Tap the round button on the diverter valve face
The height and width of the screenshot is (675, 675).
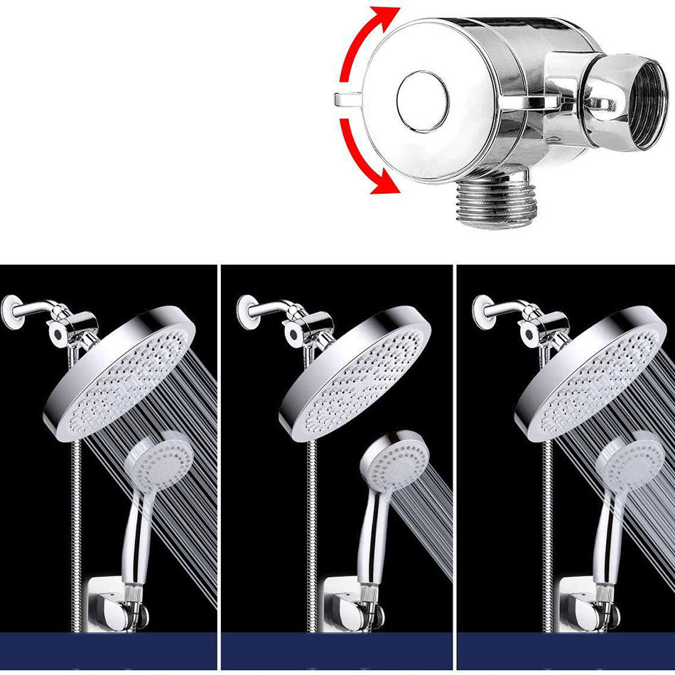(422, 101)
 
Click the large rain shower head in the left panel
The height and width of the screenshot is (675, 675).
(121, 373)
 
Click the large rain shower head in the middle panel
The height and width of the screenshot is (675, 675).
(355, 373)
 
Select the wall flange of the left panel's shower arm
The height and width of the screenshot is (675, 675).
(12, 313)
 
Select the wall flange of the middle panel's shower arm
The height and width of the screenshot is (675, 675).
(247, 313)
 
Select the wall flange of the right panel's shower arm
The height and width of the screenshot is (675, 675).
(483, 313)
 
